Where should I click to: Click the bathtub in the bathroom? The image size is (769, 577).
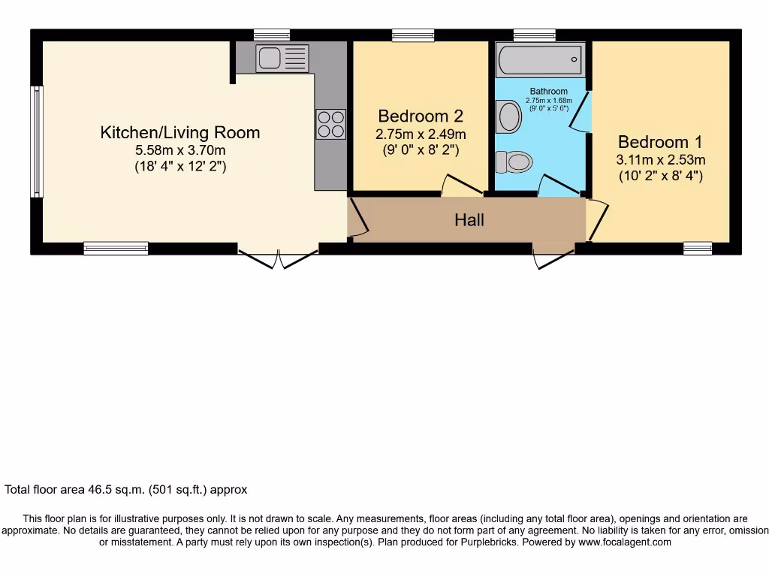point(538,58)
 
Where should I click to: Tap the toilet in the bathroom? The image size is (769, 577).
point(514,161)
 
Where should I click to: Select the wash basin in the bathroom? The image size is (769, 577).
point(509,118)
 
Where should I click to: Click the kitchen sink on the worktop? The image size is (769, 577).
point(282,58)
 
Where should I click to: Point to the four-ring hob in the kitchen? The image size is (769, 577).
point(331,125)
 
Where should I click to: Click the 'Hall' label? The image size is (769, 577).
point(469,220)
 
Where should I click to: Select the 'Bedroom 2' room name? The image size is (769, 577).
point(421,116)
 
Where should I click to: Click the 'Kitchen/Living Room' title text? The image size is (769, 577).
point(180,133)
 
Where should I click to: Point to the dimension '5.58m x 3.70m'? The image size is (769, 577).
point(180,150)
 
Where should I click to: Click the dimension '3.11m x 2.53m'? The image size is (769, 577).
point(661,160)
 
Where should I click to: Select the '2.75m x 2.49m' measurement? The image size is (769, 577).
point(421,134)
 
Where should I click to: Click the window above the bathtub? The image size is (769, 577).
point(534,35)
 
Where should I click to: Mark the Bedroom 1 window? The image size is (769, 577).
point(697,248)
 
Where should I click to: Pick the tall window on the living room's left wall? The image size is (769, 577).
point(36,141)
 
